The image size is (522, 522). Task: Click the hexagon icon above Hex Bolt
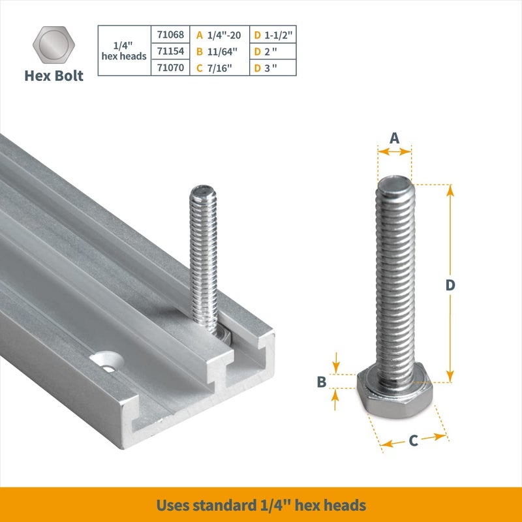tap(55, 44)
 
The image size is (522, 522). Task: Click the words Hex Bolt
tap(54, 76)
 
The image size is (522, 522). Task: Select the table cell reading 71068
tap(171, 35)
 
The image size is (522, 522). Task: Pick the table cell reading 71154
tap(171, 51)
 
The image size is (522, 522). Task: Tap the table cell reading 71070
tap(171, 67)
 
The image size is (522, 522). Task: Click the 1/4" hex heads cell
tap(124, 51)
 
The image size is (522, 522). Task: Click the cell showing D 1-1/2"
tap(273, 35)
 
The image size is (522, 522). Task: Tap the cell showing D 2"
tap(273, 51)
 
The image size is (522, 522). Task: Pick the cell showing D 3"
tap(273, 67)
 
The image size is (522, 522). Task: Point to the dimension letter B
tap(321, 382)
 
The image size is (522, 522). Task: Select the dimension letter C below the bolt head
tap(413, 441)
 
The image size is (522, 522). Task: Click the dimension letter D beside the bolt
tap(450, 285)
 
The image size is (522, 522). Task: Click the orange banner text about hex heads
tap(261, 505)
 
